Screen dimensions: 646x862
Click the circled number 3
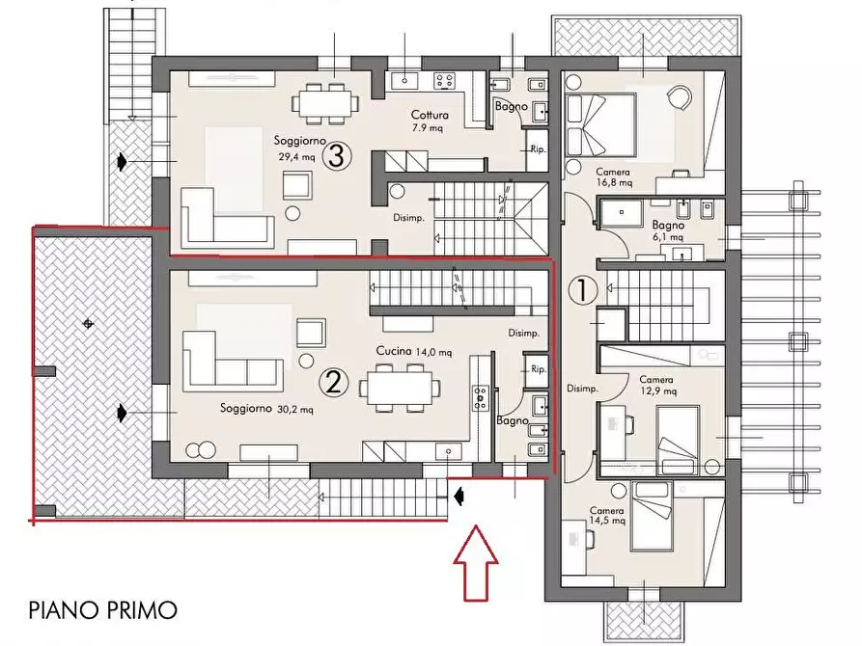point(335,155)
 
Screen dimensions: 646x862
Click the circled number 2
point(334,383)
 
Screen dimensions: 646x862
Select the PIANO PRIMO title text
point(102,609)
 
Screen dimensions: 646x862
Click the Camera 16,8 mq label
point(614,175)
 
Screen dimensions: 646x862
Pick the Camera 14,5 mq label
point(607,516)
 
